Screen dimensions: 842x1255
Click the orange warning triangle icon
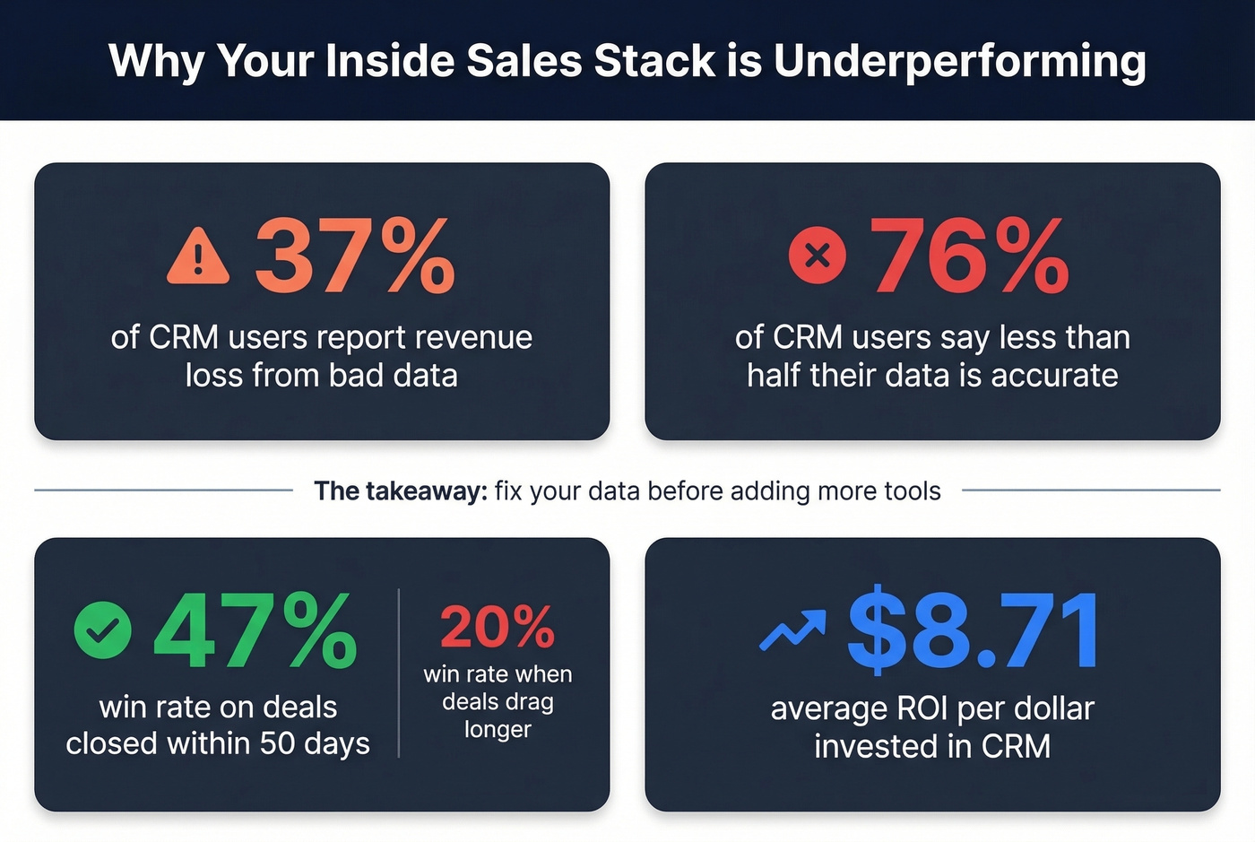pyautogui.click(x=198, y=257)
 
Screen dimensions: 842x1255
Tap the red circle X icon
pyautogui.click(x=817, y=256)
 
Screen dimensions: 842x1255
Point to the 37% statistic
pyautogui.click(x=355, y=257)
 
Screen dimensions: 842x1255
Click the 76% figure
pyautogui.click(x=970, y=257)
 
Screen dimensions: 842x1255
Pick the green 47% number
pyautogui.click(x=255, y=631)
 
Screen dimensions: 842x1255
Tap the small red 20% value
pyautogui.click(x=498, y=627)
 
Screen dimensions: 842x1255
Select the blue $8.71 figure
pyautogui.click(x=974, y=631)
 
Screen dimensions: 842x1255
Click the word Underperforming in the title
pyautogui.click(x=960, y=62)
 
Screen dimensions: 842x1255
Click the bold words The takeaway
pyautogui.click(x=400, y=491)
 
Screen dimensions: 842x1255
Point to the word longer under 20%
pyautogui.click(x=498, y=730)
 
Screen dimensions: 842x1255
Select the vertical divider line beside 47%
pyautogui.click(x=399, y=673)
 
